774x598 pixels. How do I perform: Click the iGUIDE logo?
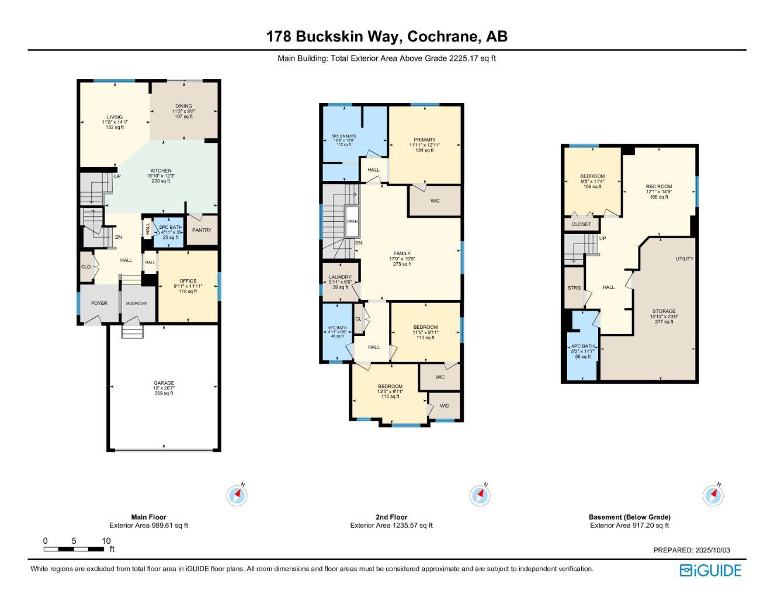point(710,571)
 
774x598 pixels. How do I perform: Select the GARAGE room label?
point(164,383)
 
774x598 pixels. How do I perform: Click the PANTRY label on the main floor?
point(202,230)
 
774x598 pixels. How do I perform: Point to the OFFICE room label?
point(188,281)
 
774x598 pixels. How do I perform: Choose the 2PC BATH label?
point(171,227)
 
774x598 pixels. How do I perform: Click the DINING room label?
point(183,106)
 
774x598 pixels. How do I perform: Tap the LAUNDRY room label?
point(340,277)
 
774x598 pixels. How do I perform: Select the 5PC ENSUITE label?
point(344,136)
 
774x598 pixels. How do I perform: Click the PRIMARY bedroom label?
point(425,140)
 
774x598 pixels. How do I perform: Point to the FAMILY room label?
point(402,253)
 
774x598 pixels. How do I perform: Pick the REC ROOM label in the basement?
point(658,187)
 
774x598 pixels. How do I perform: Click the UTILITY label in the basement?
point(685,259)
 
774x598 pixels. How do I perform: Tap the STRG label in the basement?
point(574,288)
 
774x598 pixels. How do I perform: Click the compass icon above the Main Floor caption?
point(237,496)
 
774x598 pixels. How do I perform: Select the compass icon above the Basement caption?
point(713,496)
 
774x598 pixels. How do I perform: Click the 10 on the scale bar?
point(106,541)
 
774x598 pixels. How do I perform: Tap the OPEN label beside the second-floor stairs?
point(352,222)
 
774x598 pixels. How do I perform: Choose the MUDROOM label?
point(137,304)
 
